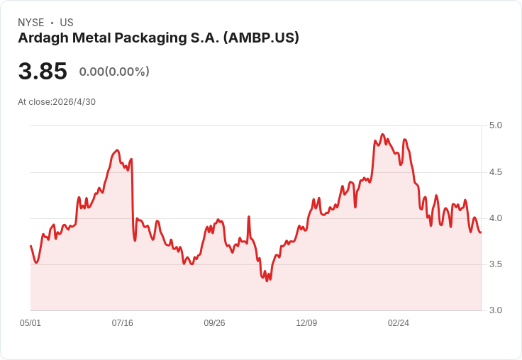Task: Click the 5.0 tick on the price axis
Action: tap(495, 125)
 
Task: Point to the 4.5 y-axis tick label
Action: tap(495, 172)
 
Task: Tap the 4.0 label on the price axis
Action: tap(495, 218)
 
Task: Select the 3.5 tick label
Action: tap(495, 264)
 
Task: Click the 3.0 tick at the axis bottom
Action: tap(495, 310)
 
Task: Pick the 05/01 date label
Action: tap(30, 323)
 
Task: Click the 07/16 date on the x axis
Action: tap(122, 323)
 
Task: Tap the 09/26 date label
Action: tap(214, 323)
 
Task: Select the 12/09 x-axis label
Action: tap(306, 323)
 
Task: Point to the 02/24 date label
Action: tap(399, 323)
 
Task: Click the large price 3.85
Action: tap(43, 71)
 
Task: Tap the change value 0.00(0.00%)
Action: tap(114, 72)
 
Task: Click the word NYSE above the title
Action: tap(31, 23)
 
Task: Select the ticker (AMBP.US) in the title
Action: tap(261, 38)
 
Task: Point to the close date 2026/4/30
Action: tap(74, 102)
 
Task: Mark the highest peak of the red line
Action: tap(382, 134)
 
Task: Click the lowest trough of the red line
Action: tap(267, 281)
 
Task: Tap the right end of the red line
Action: tap(480, 232)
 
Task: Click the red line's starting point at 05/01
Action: tap(30, 246)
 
